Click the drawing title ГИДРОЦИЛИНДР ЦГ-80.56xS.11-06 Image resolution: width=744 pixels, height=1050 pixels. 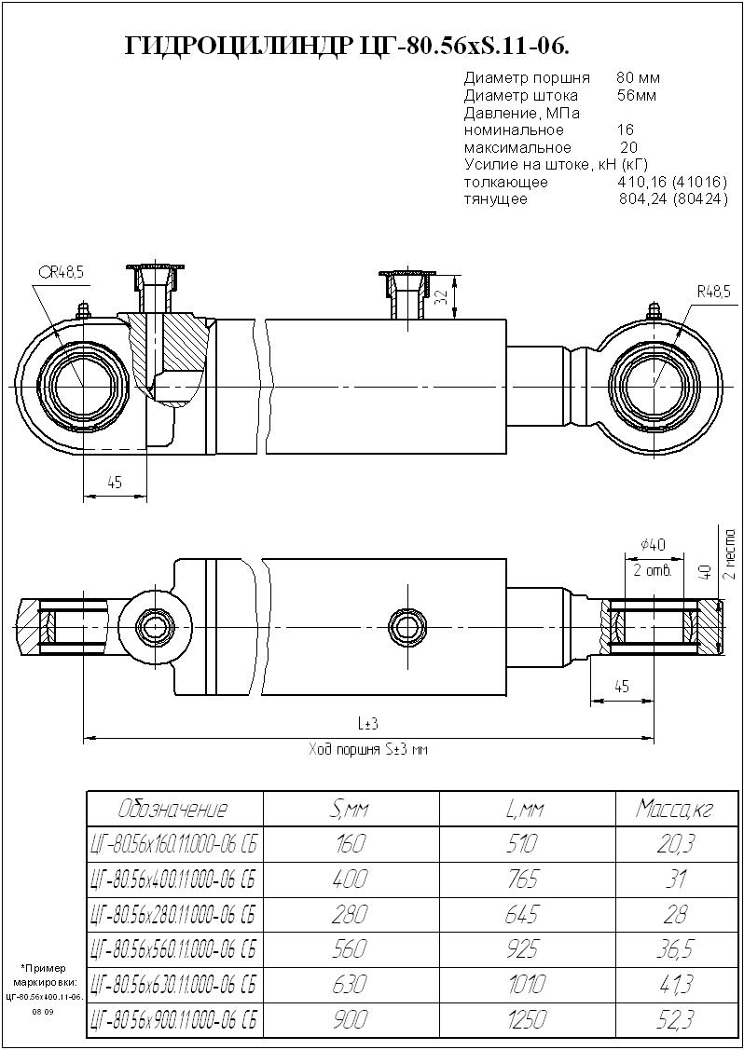point(348,46)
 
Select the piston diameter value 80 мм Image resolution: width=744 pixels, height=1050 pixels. point(638,78)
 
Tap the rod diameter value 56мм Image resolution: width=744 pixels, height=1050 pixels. point(637,96)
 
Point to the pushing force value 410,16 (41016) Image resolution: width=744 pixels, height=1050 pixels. point(666,183)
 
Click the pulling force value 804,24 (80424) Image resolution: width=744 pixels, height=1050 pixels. point(673,199)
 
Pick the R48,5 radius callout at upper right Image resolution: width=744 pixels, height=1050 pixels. point(713,292)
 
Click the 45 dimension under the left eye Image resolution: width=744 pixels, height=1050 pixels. point(115,483)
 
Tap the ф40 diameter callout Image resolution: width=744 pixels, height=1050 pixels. point(653,545)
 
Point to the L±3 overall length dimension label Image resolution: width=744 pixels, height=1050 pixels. point(367,724)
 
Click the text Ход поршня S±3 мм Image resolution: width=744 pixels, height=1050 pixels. point(367,749)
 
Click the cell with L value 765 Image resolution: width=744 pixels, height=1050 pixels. point(527,879)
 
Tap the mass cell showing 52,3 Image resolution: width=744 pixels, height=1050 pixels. point(673,1020)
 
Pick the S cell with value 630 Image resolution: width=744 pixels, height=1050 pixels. point(351,985)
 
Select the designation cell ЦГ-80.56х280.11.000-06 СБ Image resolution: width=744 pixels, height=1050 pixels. point(173,914)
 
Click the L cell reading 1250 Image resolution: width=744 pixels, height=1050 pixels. point(527,1020)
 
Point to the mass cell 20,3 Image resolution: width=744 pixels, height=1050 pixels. point(673,844)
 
